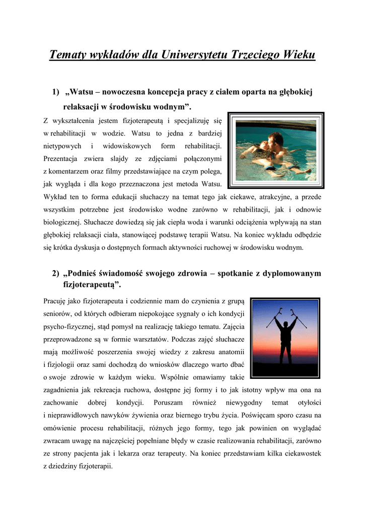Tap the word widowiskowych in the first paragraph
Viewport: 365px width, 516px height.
(127, 146)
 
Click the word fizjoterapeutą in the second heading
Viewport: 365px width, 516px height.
(90, 285)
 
